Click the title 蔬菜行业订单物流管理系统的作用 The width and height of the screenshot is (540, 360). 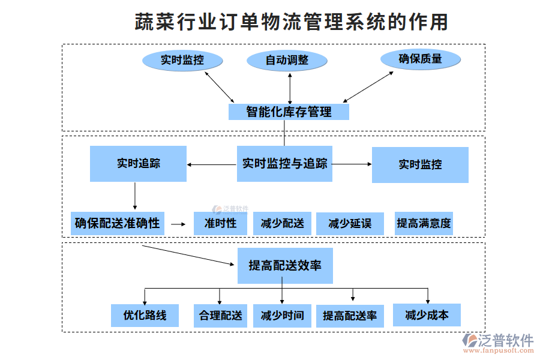click(291, 22)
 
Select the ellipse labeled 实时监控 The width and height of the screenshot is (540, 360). click(182, 60)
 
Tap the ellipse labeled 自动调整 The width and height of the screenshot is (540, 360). click(287, 61)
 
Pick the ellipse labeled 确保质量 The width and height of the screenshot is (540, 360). click(420, 59)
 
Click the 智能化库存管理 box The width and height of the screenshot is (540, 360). click(289, 112)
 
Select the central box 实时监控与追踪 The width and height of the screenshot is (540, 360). click(284, 163)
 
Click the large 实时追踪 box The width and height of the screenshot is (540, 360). click(138, 164)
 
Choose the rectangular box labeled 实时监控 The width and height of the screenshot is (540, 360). click(420, 164)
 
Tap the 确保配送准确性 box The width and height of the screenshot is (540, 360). click(118, 223)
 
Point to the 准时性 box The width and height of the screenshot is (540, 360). click(220, 224)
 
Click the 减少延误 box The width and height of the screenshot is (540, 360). click(350, 224)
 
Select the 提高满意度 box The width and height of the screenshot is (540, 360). click(424, 223)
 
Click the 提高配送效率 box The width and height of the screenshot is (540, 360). click(285, 265)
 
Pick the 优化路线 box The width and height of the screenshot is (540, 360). click(145, 315)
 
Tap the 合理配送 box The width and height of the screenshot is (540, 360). click(220, 315)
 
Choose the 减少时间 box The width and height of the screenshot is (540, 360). click(282, 315)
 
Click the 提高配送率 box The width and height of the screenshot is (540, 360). click(350, 316)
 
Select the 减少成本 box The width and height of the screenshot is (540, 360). click(427, 314)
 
